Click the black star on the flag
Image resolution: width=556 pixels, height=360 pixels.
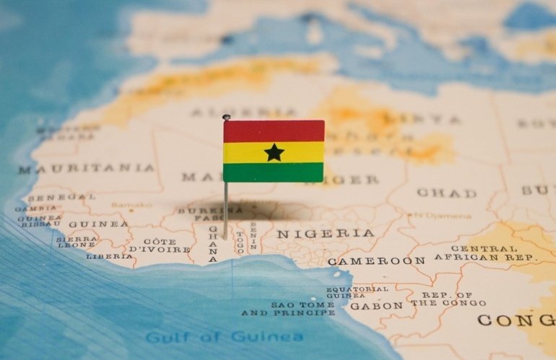click(x=274, y=152)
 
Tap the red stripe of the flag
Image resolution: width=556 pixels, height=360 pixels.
click(x=274, y=131)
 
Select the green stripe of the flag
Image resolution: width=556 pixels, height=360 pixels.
click(x=274, y=172)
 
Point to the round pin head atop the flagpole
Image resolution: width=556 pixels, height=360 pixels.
click(x=226, y=117)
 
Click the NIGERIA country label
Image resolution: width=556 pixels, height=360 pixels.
click(x=326, y=233)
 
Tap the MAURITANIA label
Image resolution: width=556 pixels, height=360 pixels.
click(x=87, y=168)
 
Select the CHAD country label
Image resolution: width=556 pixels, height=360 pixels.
click(x=446, y=193)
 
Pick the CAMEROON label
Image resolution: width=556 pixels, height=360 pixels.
click(x=376, y=260)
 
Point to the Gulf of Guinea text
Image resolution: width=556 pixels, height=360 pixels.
click(x=225, y=337)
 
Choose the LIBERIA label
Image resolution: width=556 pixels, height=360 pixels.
click(x=109, y=256)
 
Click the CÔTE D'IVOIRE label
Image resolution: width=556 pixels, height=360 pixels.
click(x=160, y=245)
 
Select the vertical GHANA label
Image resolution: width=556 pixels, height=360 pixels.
click(x=213, y=244)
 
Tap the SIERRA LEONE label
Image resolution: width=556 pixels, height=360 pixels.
click(x=77, y=242)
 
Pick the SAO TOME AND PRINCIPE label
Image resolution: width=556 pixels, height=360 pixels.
click(x=288, y=309)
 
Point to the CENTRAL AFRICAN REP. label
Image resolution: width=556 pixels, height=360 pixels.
click(x=485, y=253)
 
